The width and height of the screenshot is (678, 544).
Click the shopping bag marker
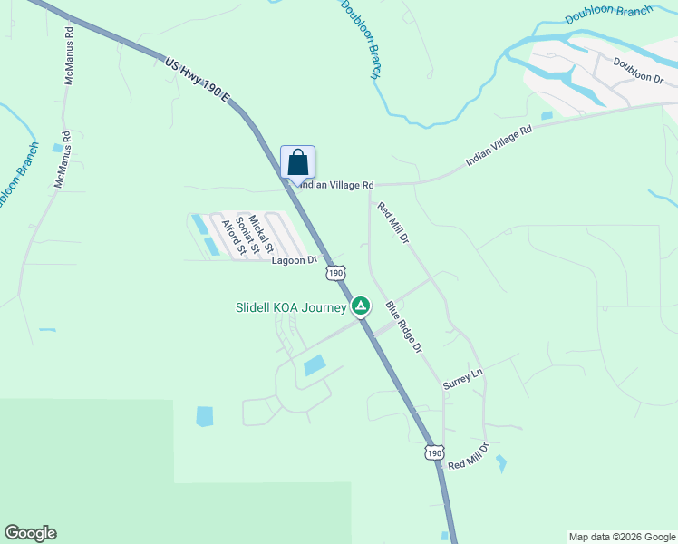[x=297, y=163]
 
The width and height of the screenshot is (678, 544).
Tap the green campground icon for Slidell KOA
[x=361, y=306]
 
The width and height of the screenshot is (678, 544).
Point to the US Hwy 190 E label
[x=198, y=79]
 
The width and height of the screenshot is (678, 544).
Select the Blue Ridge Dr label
[x=403, y=327]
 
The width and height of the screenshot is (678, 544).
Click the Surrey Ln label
[x=463, y=379]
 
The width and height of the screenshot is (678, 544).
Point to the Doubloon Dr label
[x=639, y=70]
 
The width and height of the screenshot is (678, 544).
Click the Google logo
[x=30, y=533]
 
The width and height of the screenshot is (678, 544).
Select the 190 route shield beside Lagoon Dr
[x=335, y=272]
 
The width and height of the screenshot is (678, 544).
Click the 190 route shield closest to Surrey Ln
[x=434, y=452]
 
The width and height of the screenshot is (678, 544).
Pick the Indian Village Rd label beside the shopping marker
[x=336, y=185]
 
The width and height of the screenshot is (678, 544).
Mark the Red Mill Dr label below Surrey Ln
[x=468, y=457]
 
